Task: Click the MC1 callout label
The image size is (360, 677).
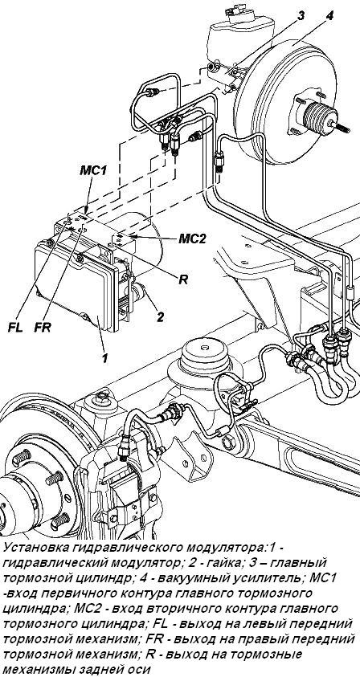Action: (93, 170)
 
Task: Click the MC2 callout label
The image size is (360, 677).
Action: (193, 239)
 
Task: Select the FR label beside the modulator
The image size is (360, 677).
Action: (43, 328)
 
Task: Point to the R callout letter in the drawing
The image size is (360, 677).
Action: (185, 279)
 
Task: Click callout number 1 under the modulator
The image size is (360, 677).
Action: (104, 358)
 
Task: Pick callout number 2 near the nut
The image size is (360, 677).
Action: (160, 317)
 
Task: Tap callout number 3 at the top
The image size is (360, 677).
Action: (301, 16)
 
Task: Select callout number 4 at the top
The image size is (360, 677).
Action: (330, 16)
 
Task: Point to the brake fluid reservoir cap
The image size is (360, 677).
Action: (236, 10)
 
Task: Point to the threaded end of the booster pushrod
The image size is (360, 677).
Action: (343, 128)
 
